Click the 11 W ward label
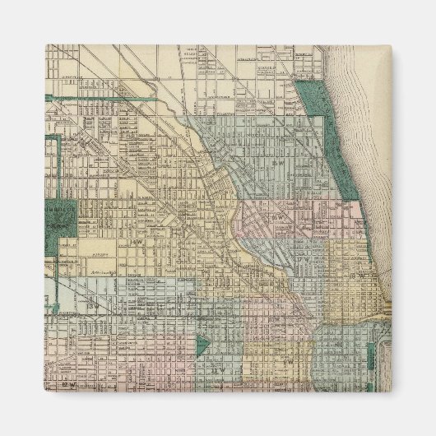[216, 370]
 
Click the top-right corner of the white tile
[392, 44]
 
